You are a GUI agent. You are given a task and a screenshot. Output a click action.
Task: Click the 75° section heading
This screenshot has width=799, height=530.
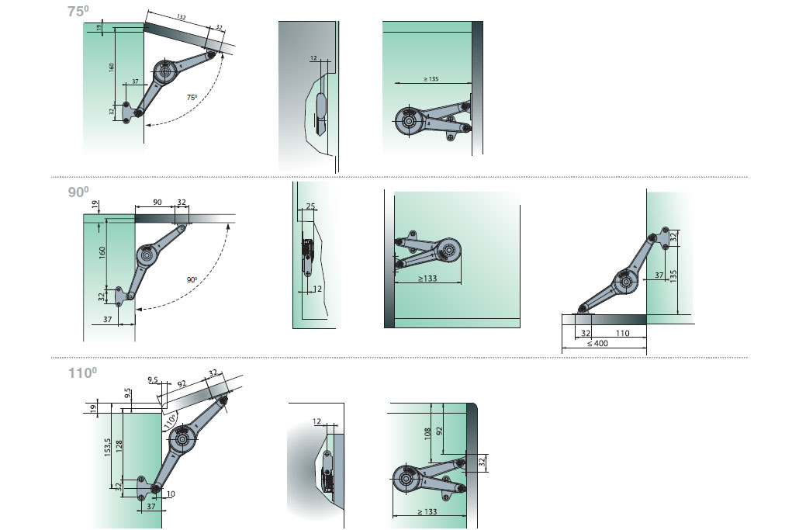tap(78, 11)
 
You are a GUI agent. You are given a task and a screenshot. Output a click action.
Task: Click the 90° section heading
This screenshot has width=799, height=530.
tap(78, 192)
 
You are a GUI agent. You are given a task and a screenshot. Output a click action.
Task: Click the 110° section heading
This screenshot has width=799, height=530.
tap(82, 372)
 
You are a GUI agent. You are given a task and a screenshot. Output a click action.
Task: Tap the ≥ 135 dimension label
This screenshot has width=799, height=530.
tap(431, 79)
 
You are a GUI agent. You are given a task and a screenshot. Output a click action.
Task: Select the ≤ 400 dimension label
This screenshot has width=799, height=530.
tap(597, 344)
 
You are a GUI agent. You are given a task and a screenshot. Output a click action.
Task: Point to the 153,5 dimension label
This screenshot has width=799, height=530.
tap(108, 447)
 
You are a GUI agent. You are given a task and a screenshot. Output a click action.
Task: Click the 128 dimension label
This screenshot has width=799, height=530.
tap(119, 447)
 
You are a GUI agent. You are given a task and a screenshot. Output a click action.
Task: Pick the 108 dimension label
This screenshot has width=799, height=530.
tap(427, 433)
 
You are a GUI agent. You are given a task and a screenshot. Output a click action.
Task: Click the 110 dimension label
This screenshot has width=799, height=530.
tap(623, 334)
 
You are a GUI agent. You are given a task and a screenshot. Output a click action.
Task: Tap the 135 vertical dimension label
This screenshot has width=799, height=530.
tap(673, 276)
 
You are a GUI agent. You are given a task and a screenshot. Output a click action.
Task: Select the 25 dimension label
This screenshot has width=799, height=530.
tap(310, 206)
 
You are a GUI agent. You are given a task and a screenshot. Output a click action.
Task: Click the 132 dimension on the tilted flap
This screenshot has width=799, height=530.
tap(182, 17)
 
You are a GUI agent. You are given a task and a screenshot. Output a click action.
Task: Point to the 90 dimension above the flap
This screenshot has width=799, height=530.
tap(157, 203)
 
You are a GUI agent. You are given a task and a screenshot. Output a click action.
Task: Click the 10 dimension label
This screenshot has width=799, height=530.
tap(171, 494)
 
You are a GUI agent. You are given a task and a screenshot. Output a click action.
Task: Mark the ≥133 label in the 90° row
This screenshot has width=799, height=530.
tap(427, 279)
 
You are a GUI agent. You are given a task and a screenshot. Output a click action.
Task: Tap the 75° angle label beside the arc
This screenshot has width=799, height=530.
tap(192, 97)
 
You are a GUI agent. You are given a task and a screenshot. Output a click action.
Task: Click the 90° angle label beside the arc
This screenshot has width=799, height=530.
tap(192, 279)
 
